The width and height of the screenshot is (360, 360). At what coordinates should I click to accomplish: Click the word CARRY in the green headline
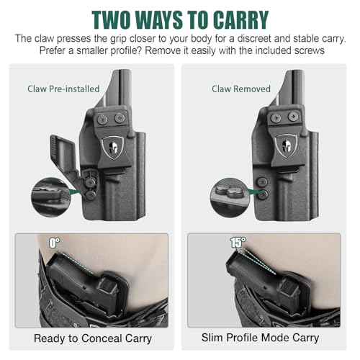(x=240, y=20)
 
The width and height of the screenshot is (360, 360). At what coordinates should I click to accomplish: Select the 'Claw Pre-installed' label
(x=63, y=89)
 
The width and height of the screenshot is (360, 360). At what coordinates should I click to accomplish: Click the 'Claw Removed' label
(x=241, y=89)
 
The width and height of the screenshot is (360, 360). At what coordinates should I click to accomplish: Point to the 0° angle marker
(x=55, y=243)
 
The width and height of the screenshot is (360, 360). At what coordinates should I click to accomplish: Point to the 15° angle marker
(x=238, y=243)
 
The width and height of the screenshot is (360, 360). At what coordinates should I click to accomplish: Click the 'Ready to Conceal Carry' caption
(x=93, y=338)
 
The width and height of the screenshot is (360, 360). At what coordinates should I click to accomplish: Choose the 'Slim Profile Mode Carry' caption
(x=260, y=338)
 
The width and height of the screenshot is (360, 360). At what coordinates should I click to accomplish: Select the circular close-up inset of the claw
(x=51, y=198)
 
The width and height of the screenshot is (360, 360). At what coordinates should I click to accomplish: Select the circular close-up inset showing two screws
(x=230, y=198)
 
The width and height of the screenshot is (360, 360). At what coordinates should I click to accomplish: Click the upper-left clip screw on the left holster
(x=102, y=119)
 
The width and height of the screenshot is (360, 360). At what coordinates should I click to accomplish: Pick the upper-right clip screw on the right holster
(x=293, y=117)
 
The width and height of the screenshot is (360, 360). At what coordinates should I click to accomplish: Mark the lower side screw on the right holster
(x=262, y=194)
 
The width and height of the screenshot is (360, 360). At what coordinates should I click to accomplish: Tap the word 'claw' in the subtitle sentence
(x=44, y=39)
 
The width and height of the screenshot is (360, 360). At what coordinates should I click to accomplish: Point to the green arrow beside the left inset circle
(x=74, y=192)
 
